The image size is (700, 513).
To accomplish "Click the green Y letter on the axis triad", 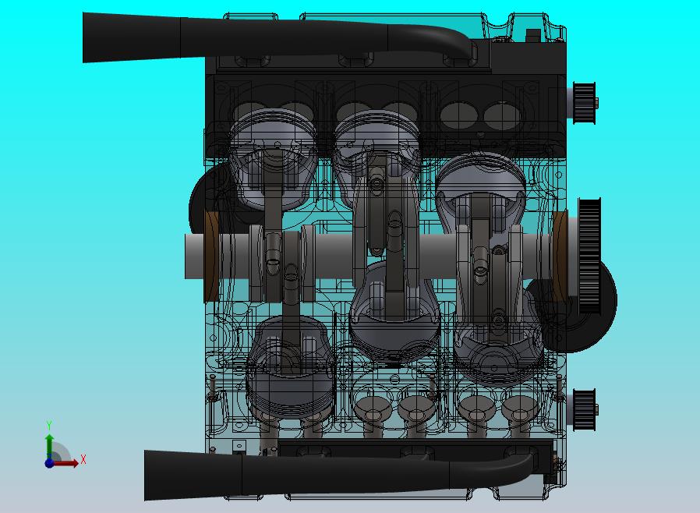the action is (x=49, y=425).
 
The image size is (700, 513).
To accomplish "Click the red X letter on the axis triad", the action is (x=83, y=459).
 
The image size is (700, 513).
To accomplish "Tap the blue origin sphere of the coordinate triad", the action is (x=49, y=463).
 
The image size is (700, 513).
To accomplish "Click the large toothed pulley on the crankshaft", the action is (x=589, y=256).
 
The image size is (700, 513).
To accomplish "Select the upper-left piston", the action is (x=273, y=156).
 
